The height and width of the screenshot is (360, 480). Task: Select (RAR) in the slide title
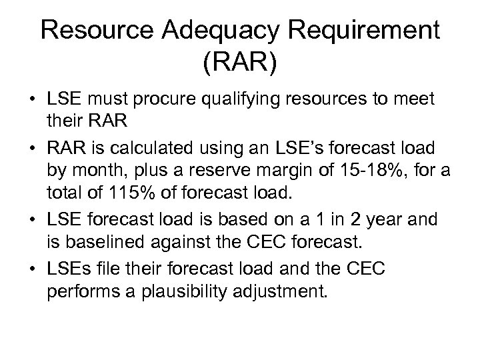click(240, 66)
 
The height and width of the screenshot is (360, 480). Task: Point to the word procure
click(173, 101)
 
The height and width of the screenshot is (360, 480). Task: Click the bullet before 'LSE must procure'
click(31, 101)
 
